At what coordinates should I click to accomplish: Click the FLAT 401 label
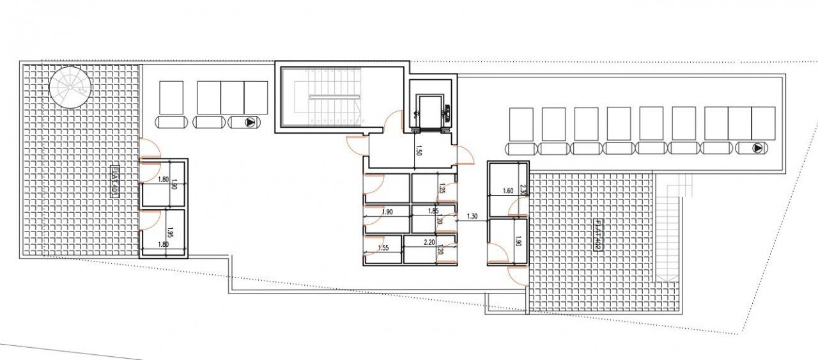115,182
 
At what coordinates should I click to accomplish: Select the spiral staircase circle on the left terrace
70,88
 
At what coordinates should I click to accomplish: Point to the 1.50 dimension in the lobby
419,151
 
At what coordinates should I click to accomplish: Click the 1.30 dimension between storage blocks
472,216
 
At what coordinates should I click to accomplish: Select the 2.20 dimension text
429,243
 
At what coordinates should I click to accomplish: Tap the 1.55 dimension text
383,247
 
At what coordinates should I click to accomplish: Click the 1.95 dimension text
171,233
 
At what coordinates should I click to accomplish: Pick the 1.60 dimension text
508,191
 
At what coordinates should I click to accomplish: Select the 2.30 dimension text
523,189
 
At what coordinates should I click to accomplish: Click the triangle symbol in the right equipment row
757,148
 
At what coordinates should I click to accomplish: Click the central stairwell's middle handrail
334,97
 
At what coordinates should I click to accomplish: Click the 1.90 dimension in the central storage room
387,212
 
